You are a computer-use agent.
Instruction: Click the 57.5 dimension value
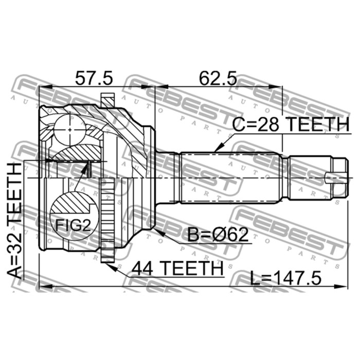tap(94, 78)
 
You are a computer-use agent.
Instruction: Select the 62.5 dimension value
tap(218, 78)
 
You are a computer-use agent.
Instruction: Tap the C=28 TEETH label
tap(291, 124)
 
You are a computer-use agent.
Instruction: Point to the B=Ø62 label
tap(218, 235)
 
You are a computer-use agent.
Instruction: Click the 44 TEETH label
tap(177, 268)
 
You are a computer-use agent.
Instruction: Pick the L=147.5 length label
tap(285, 278)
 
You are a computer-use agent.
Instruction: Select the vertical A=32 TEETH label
tap(14, 221)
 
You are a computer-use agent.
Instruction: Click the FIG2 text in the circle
tap(73, 225)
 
